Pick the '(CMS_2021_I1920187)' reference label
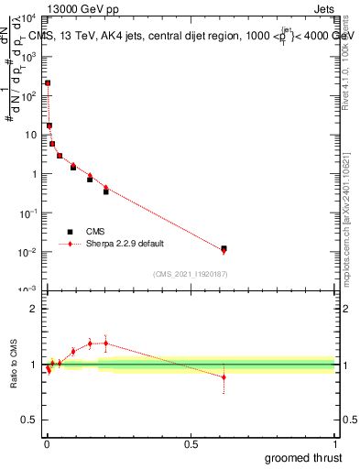pos(191,274)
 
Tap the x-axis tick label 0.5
pos(191,443)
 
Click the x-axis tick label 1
pos(335,443)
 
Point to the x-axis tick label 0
pos(47,443)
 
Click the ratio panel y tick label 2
pos(34,309)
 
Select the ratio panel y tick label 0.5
pos(29,422)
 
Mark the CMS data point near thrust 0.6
pos(224,248)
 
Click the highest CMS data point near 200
pos(48,83)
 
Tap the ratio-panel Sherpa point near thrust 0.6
pos(224,376)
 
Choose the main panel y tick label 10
pos(29,135)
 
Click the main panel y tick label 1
pos(34,174)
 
